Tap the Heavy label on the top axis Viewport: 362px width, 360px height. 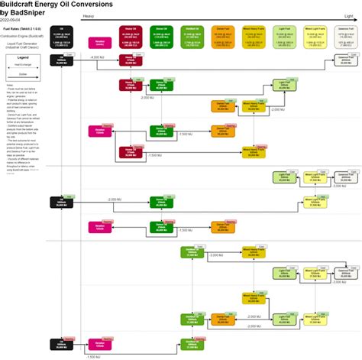[89, 16]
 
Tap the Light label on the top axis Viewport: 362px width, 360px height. [348, 16]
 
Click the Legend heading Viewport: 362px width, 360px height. [23, 57]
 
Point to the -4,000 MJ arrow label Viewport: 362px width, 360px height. [97, 58]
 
